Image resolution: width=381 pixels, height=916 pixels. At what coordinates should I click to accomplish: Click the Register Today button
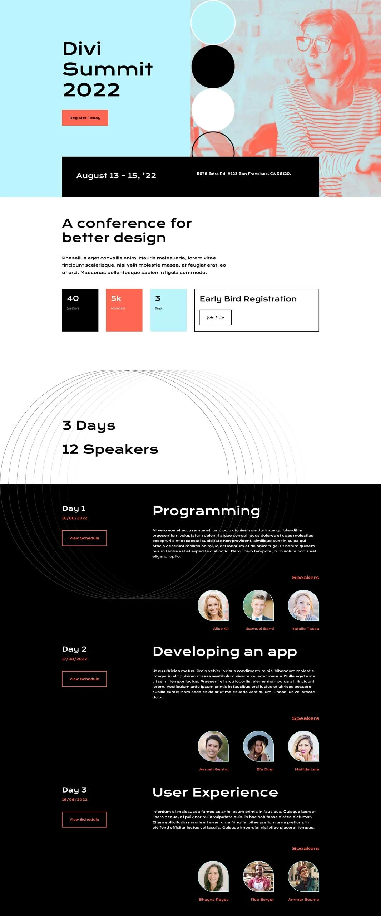click(x=85, y=118)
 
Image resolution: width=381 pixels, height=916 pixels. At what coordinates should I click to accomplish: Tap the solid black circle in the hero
click(x=213, y=67)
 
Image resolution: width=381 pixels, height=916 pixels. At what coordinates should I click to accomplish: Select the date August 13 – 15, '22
click(x=116, y=176)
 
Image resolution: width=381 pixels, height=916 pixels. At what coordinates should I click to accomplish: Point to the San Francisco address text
click(x=244, y=174)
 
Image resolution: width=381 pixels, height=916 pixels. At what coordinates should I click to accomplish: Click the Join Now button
click(x=216, y=317)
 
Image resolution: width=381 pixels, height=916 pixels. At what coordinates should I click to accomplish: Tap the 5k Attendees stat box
click(x=124, y=310)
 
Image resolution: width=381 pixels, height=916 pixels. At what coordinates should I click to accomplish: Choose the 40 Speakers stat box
click(x=80, y=310)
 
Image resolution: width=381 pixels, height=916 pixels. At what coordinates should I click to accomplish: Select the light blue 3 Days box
click(x=168, y=310)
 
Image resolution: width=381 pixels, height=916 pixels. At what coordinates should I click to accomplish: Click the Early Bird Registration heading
click(x=248, y=299)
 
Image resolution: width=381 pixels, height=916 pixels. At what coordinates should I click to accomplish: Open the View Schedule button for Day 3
click(x=84, y=819)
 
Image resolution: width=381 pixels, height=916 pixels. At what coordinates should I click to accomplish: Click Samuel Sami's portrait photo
click(x=258, y=605)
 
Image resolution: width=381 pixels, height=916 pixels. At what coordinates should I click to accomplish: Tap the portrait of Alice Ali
click(x=213, y=605)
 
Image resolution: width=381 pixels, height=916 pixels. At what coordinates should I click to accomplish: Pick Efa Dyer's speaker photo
click(x=258, y=746)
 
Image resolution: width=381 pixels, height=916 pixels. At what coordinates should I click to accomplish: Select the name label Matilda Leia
click(x=307, y=769)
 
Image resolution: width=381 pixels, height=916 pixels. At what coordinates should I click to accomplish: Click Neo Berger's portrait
click(x=258, y=876)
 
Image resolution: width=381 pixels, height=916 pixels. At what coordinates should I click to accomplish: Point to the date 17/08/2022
click(x=74, y=659)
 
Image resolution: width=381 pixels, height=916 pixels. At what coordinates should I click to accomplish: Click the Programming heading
click(x=206, y=511)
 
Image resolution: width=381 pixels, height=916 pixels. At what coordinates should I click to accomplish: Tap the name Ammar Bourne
click(x=303, y=900)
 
